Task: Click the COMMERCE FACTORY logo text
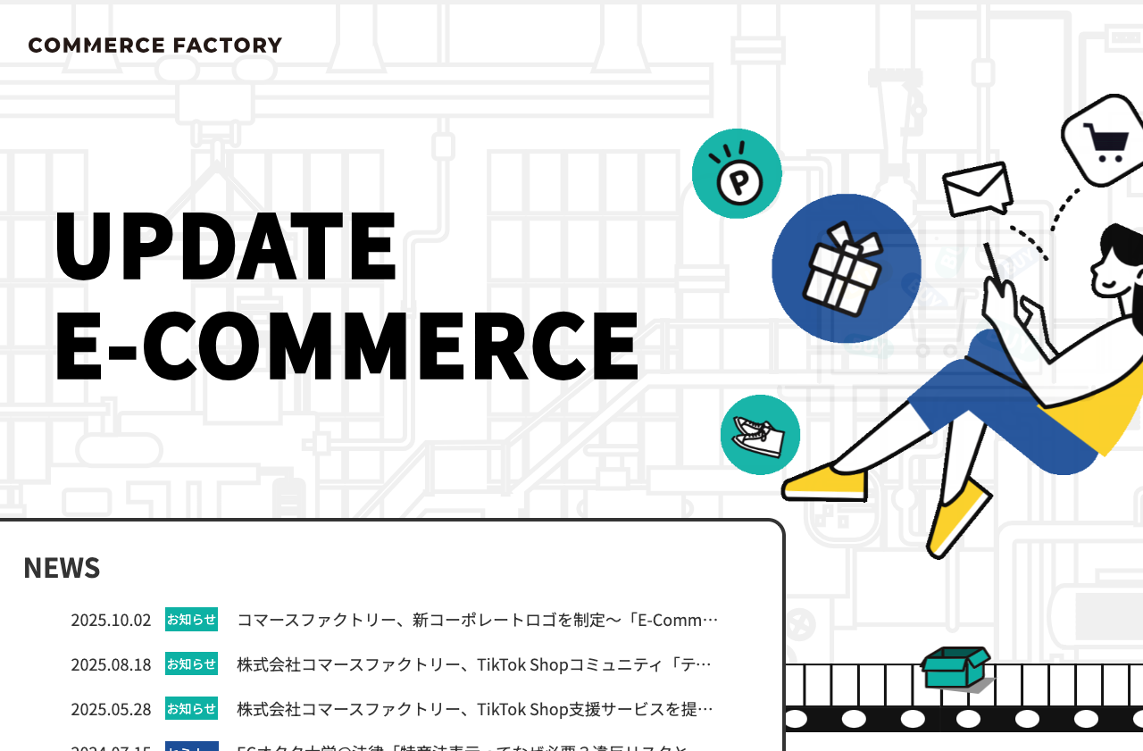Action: (x=154, y=46)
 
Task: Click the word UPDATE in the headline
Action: (x=225, y=245)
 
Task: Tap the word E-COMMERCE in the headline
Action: (x=346, y=346)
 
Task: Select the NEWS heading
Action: (x=62, y=568)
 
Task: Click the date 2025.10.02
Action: (x=111, y=620)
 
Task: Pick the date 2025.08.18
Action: (x=111, y=664)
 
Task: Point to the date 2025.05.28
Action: (x=111, y=709)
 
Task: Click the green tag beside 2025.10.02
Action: (x=191, y=620)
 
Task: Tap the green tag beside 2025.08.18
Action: (x=191, y=664)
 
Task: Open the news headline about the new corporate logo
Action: (x=477, y=620)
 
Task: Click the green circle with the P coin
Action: (x=737, y=174)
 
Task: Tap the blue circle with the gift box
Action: (x=846, y=269)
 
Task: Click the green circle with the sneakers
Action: (x=760, y=435)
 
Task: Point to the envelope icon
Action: (x=978, y=189)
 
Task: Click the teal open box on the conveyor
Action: (x=956, y=667)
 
